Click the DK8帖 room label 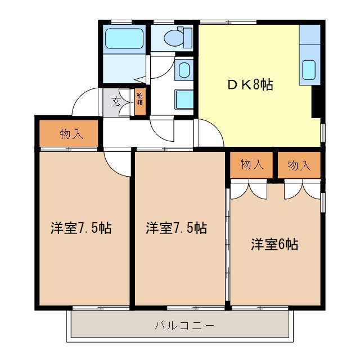(x=250, y=85)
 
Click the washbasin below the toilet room (x=184, y=70)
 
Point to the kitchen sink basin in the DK (x=309, y=70)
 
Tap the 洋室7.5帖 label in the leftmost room (x=80, y=228)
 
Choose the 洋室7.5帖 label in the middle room (x=177, y=228)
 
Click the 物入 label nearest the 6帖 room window (x=299, y=165)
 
